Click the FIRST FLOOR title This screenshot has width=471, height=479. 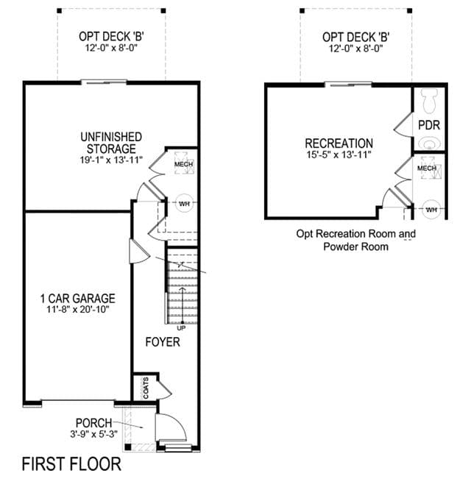point(71,464)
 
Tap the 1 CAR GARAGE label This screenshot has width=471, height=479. point(78,299)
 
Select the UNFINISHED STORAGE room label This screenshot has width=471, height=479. point(111,143)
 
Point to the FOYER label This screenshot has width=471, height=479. point(163,342)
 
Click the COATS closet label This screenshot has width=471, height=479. point(146,388)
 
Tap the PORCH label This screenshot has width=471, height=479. point(93,423)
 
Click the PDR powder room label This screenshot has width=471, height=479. point(429,125)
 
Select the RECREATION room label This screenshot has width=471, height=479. point(339,143)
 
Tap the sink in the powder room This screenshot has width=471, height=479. point(429,143)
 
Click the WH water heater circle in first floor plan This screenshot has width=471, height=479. point(184,204)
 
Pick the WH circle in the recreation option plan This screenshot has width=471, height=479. point(431,210)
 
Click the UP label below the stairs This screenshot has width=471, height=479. point(181,328)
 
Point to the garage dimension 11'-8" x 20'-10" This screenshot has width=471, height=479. point(78,309)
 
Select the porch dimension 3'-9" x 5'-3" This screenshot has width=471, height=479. point(93,434)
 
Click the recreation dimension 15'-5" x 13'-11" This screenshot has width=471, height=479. point(339,155)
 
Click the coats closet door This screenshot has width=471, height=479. point(165,387)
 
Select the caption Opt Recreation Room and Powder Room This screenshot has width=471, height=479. point(356,240)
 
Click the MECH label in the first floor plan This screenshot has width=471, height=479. point(183,164)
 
